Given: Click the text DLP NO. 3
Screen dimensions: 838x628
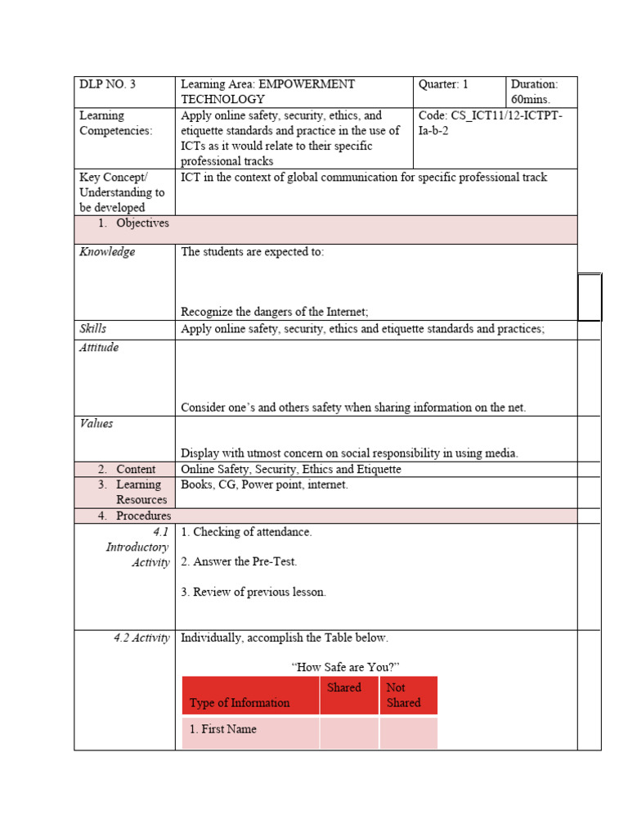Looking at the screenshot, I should (x=107, y=84).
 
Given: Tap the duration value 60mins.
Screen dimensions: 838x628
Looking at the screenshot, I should (x=533, y=99).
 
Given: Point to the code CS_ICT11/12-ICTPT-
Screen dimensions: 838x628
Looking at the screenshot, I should (x=490, y=115).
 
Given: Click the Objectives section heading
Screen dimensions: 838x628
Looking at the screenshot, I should (x=142, y=223).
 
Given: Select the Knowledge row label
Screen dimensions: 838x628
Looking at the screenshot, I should (x=107, y=252).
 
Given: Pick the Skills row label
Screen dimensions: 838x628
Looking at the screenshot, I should (x=92, y=328).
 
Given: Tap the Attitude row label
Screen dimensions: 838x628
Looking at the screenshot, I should (x=99, y=347).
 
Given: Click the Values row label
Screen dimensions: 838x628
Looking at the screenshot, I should (x=96, y=423).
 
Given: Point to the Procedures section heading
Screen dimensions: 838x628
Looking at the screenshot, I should (x=143, y=516).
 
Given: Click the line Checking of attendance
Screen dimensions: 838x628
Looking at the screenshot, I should (x=246, y=532).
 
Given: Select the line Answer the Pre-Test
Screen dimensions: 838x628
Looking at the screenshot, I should (x=239, y=561).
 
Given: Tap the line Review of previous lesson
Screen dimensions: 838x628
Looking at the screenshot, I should (x=253, y=592).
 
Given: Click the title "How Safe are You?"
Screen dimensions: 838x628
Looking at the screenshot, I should (x=345, y=667).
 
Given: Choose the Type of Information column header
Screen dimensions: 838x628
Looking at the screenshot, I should (x=240, y=702).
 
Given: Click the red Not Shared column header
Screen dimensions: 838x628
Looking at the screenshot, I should (x=408, y=695).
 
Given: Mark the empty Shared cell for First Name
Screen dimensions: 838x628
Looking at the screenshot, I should (x=349, y=732).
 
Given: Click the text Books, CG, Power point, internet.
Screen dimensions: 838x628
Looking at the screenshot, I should (x=264, y=484).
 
